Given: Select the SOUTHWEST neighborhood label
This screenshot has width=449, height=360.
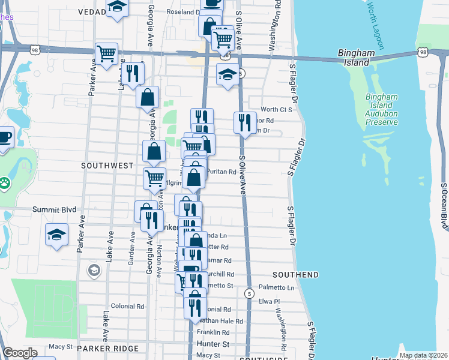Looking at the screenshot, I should (109, 164).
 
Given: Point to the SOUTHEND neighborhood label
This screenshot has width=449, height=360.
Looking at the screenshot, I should (295, 275).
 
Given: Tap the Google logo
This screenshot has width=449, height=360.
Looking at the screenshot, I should (20, 353).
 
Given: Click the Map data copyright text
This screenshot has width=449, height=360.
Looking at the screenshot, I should (423, 355).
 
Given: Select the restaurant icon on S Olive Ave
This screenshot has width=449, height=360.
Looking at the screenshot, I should (244, 123).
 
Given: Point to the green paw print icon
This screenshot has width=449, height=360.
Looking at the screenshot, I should (4, 181).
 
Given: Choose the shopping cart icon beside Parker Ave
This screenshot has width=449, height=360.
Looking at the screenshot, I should (106, 53).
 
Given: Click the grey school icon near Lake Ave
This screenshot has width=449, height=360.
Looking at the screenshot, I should (94, 271).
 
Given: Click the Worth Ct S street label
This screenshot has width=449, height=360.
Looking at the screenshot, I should (276, 110).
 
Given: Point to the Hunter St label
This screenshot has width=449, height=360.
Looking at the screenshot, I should (213, 344).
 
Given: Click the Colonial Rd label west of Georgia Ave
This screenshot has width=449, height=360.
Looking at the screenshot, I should (127, 306).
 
